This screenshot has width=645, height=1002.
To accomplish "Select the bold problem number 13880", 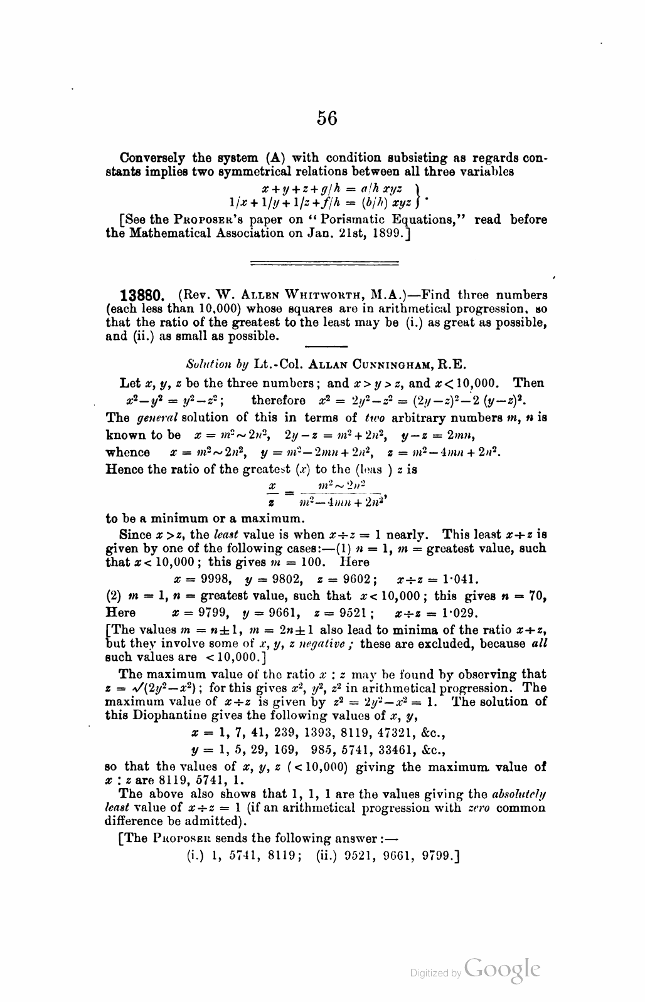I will [142, 295].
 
